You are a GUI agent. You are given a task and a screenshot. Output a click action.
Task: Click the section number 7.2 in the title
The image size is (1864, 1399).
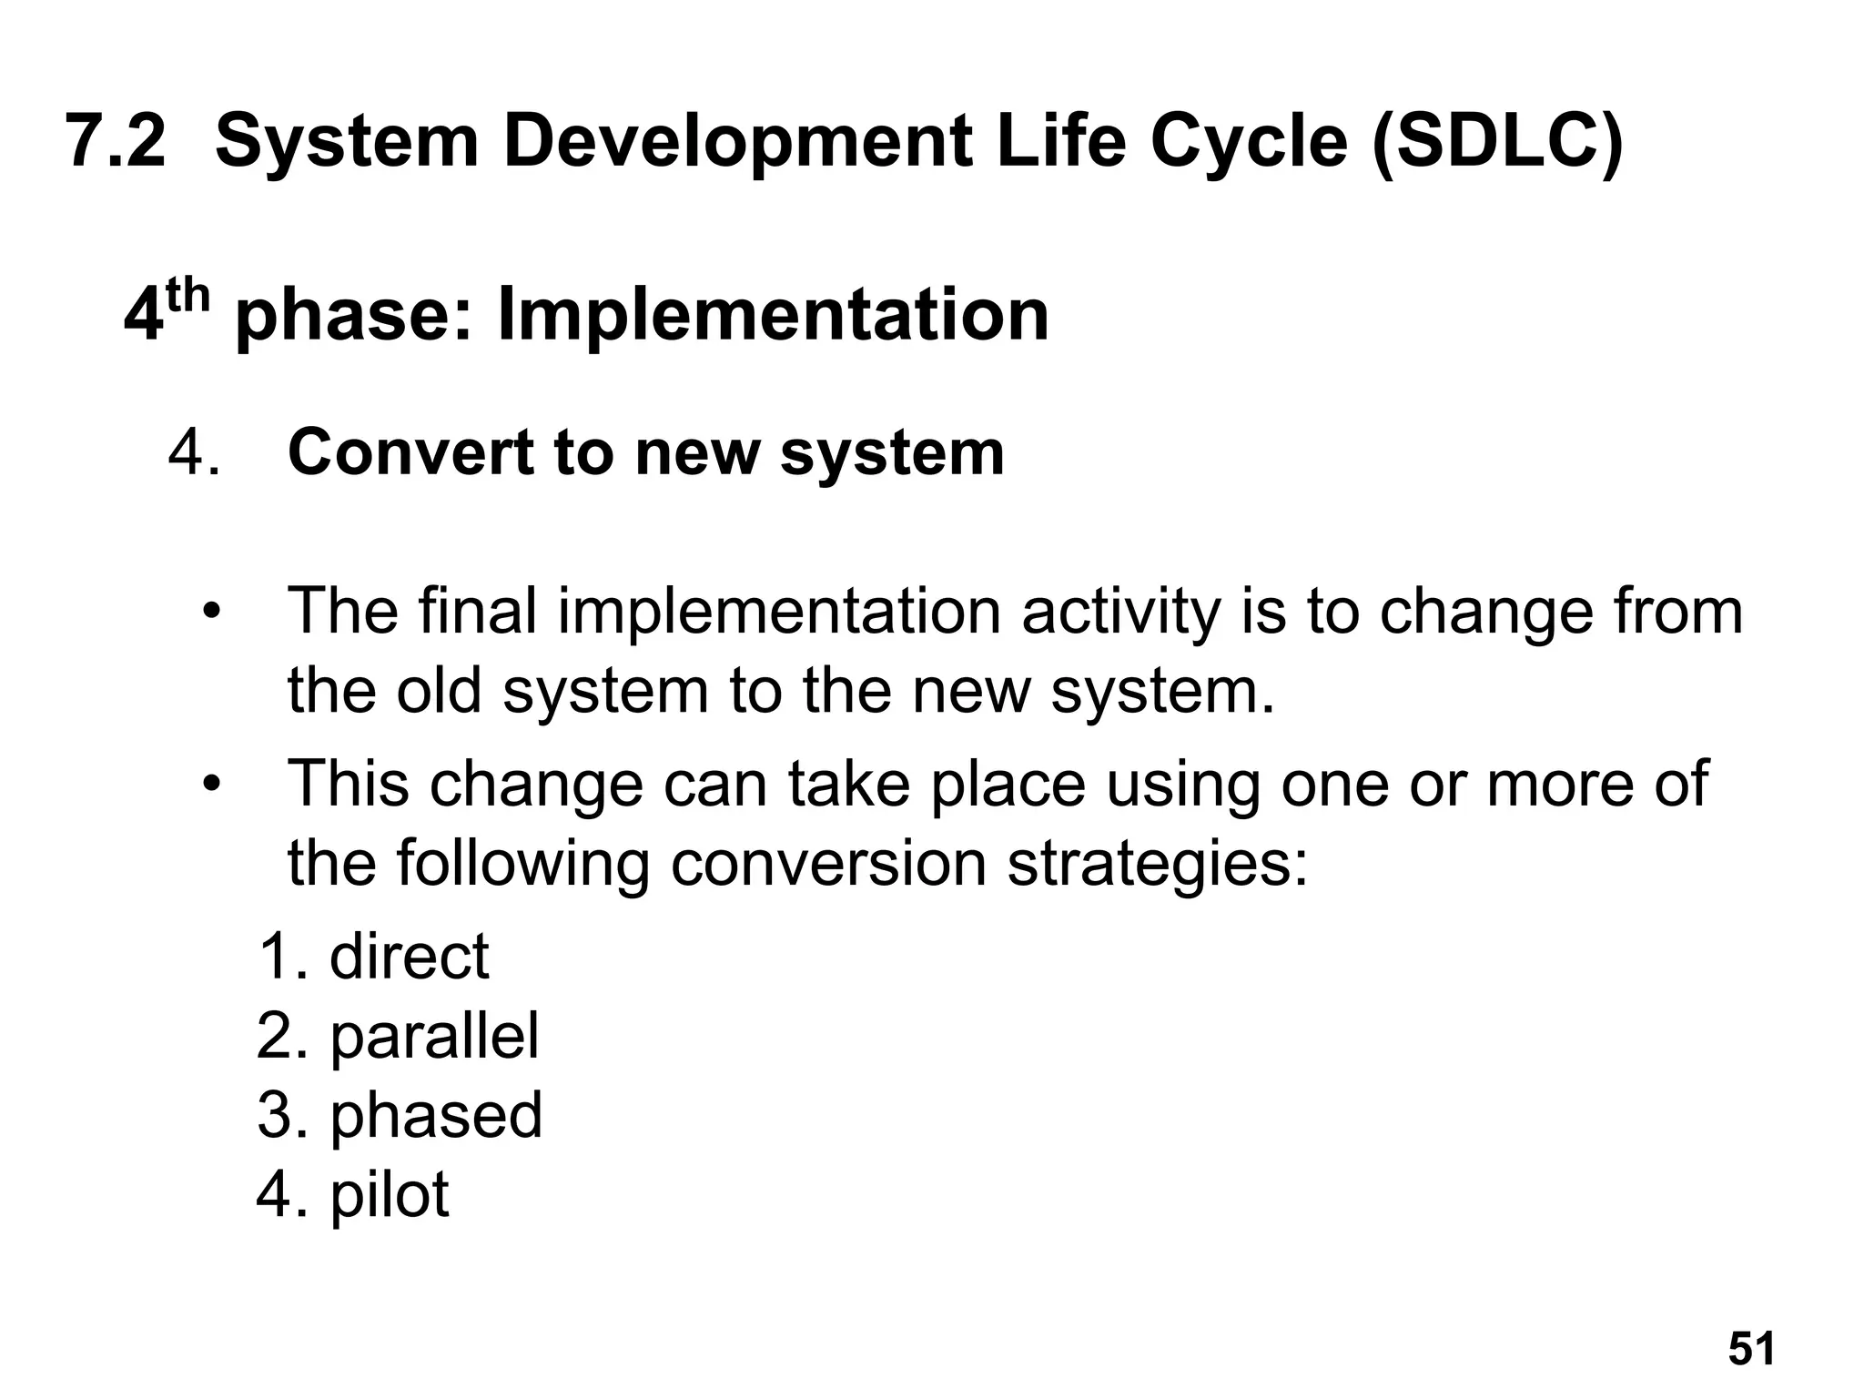[116, 141]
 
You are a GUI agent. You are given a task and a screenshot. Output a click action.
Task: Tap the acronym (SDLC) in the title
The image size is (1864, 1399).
[1497, 143]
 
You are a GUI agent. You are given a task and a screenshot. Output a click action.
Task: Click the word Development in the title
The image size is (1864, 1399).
[737, 143]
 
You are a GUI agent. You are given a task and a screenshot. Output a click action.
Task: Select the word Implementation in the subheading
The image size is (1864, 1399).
[773, 315]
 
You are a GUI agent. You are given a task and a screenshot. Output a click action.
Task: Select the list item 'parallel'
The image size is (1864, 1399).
[434, 1036]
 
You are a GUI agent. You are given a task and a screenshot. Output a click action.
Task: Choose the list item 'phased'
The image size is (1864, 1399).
[436, 1115]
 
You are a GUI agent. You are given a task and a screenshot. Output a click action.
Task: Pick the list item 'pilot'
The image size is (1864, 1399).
[389, 1193]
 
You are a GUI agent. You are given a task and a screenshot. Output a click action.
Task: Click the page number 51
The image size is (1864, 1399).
[1751, 1348]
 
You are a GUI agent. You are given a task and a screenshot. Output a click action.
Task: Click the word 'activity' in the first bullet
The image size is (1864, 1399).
[1120, 612]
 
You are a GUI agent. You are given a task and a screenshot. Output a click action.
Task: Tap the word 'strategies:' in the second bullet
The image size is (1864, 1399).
[1157, 863]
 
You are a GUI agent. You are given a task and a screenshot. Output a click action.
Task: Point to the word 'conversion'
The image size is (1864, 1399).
[828, 863]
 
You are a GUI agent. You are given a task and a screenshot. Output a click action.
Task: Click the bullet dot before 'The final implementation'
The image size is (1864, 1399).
[211, 613]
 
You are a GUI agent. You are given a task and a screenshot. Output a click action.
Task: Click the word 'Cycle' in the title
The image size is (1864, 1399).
[1248, 143]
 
